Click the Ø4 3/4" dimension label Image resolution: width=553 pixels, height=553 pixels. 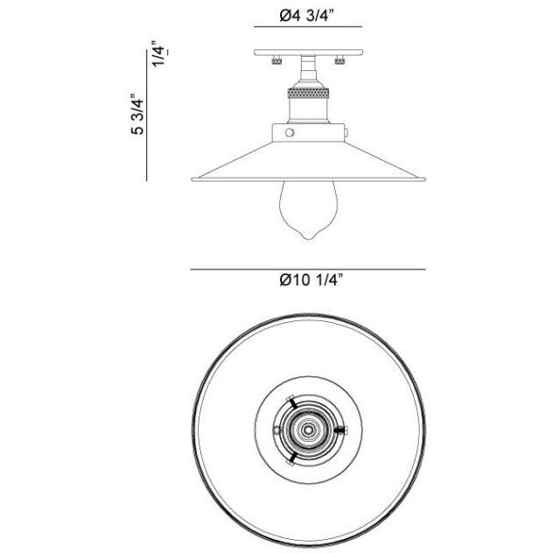[x=309, y=16]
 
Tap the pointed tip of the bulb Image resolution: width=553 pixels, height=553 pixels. [x=308, y=237]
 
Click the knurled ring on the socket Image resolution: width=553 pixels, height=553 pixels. [x=308, y=89]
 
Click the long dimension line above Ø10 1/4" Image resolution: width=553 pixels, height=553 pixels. [x=308, y=269]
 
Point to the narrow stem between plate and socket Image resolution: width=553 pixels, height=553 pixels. [x=308, y=66]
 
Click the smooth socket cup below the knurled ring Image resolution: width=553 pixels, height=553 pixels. [x=308, y=108]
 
